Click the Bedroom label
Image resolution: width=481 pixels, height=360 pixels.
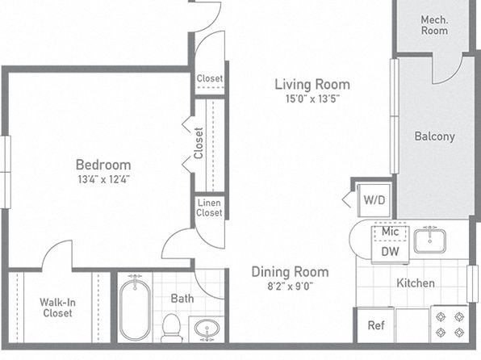point(103,165)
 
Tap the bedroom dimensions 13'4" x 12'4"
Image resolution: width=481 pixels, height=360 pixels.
point(103,179)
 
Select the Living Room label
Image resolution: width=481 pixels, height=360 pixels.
point(312,85)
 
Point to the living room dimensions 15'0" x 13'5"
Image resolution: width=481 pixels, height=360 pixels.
point(312,98)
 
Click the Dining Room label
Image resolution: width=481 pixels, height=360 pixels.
point(291,272)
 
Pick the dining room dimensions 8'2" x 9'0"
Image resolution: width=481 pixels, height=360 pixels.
point(291,287)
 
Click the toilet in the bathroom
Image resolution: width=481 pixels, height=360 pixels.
point(171,328)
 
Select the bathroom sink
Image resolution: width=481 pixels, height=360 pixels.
point(207,329)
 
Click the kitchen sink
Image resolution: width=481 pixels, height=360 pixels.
point(430,241)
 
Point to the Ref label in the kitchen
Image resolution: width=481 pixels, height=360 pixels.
point(376,325)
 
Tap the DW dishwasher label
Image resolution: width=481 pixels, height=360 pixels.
point(390,252)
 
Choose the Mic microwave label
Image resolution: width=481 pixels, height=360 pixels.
point(390,232)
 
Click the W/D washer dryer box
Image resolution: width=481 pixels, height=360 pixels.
point(374,200)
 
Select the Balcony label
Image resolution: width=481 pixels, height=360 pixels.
point(435,136)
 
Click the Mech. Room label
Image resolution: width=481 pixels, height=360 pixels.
point(434,25)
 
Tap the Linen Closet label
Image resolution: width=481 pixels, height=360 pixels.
point(209,207)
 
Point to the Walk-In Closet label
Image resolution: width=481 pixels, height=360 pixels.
point(57,308)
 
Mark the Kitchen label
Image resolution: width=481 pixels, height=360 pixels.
point(416,283)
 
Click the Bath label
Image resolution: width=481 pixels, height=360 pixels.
point(182,299)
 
